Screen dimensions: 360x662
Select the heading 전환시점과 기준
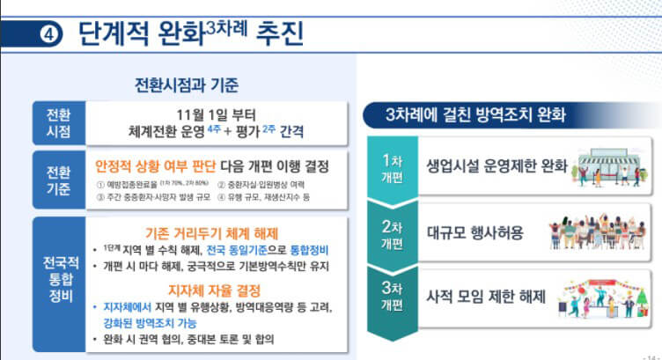click(186, 85)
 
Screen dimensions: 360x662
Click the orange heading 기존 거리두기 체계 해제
click(212, 233)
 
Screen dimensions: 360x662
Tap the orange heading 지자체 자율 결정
click(212, 289)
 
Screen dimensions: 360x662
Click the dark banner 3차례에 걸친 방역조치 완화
click(475, 115)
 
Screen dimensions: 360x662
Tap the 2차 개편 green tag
click(391, 232)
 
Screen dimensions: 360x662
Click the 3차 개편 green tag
click(391, 298)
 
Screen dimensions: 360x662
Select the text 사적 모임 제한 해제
click(484, 297)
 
